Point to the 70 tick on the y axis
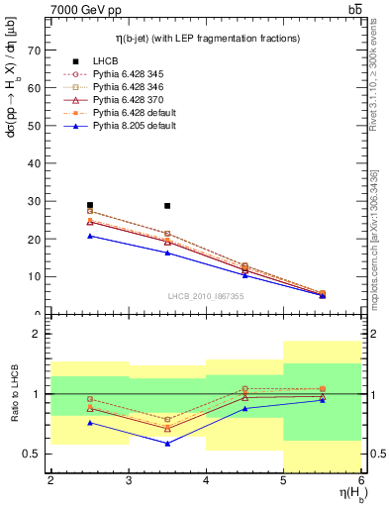[x=37, y=51]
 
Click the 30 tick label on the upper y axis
[x=37, y=201]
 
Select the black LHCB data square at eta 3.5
[x=167, y=206]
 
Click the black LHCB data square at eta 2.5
[x=90, y=205]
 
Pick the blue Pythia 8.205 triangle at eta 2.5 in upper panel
[x=90, y=236]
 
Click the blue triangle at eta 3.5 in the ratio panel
[x=167, y=443]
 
